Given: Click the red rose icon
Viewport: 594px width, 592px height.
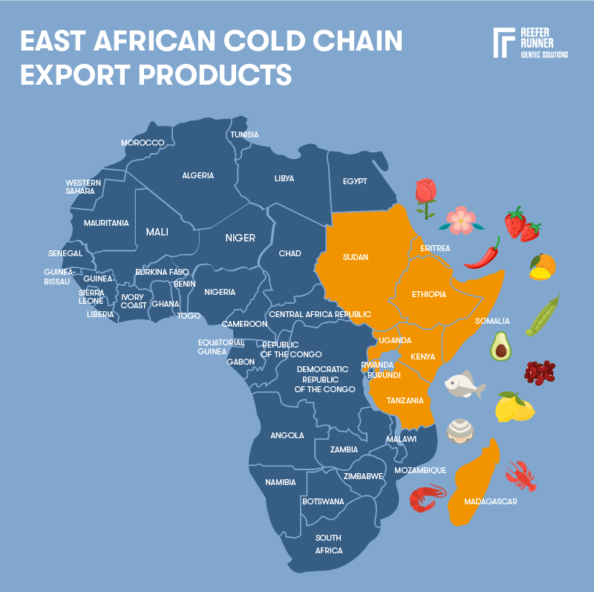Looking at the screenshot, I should click(425, 197).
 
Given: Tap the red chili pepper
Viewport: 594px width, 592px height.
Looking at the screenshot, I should click(483, 253).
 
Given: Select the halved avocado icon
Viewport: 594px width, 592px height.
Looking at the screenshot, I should click(501, 346).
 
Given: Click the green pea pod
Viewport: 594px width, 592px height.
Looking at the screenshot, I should click(543, 314).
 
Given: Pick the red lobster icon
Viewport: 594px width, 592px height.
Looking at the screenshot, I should click(520, 475).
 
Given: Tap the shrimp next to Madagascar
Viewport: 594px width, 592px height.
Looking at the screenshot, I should click(428, 497).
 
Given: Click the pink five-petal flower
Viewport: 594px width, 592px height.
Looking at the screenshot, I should click(461, 219).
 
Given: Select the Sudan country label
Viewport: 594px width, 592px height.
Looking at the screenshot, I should click(356, 257).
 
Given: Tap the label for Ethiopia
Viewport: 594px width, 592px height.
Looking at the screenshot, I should click(429, 295).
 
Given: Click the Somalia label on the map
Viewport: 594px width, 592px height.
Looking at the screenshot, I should click(492, 321).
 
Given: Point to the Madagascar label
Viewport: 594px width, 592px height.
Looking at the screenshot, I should click(490, 501).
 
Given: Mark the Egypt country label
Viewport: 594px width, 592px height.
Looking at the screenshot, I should click(355, 181).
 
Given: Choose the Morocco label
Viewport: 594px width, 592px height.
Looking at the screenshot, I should click(143, 143).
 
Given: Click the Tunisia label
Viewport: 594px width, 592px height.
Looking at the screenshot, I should click(244, 134).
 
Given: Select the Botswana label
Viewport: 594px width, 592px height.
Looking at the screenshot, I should click(323, 501).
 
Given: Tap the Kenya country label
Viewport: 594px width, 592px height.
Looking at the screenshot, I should click(423, 357).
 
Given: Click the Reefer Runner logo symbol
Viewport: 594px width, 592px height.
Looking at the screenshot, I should click(504, 43).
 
